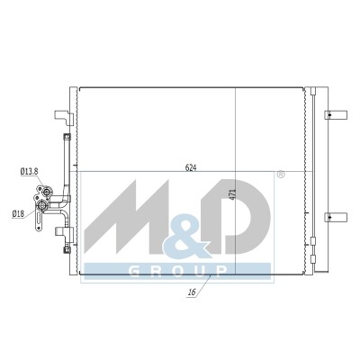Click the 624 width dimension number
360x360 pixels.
(191, 168)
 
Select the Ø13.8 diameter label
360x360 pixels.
(29, 172)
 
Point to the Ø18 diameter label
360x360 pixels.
(18, 214)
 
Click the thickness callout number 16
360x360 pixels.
(192, 292)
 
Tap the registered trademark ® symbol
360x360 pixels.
(280, 175)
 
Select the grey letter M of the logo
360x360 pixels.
(128, 217)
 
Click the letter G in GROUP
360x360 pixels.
(134, 271)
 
